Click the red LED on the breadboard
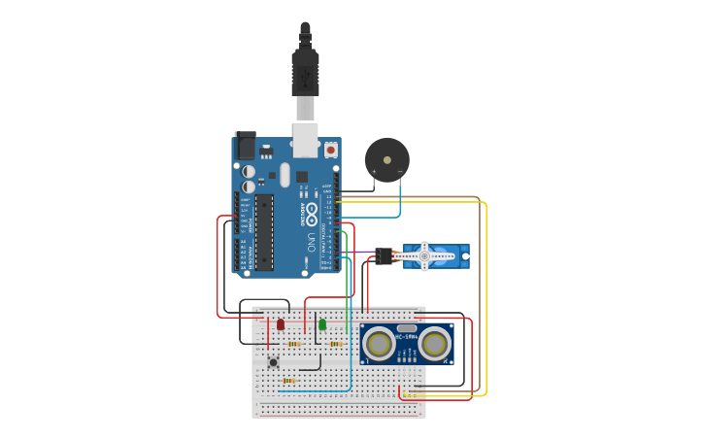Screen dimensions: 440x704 pyautogui.click(x=281, y=324)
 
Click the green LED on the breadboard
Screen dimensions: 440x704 pyautogui.click(x=322, y=324)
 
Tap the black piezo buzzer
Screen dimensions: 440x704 pyautogui.click(x=386, y=158)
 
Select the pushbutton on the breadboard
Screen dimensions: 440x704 pyautogui.click(x=273, y=362)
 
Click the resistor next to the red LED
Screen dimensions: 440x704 pyautogui.click(x=294, y=343)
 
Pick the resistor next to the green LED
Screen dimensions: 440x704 pyautogui.click(x=336, y=343)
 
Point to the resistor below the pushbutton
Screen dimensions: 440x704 pyautogui.click(x=288, y=381)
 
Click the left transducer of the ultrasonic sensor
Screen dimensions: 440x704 pyautogui.click(x=377, y=342)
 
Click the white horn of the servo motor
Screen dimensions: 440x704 pyautogui.click(x=424, y=256)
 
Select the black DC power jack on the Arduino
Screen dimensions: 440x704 pyautogui.click(x=245, y=146)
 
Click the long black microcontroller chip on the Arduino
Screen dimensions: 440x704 pyautogui.click(x=263, y=231)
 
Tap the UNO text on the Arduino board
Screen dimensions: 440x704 pyautogui.click(x=312, y=239)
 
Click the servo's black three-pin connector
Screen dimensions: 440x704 pyautogui.click(x=384, y=256)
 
